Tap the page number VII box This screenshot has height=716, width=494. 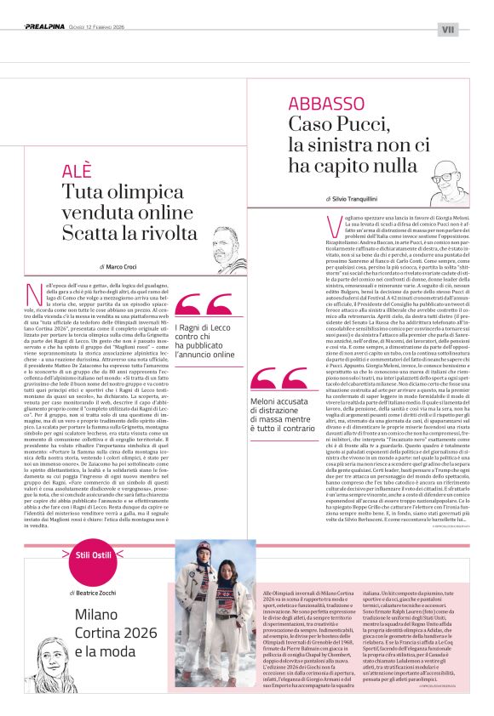(x=449, y=29)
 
